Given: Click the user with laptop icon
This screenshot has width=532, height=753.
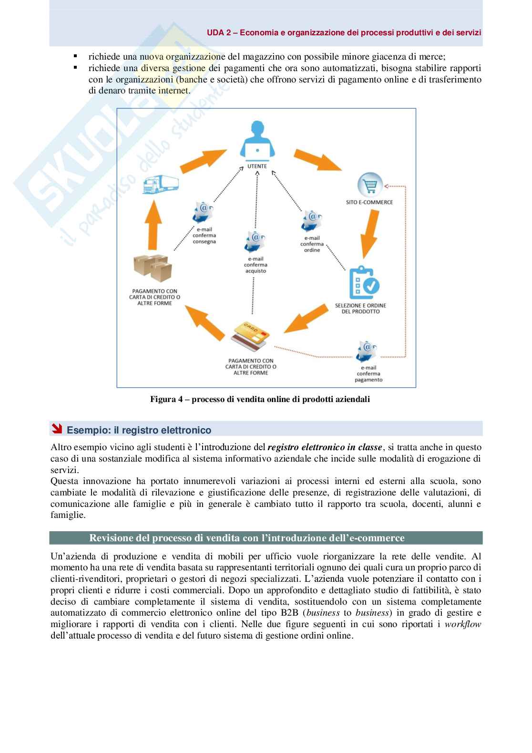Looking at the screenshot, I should click(x=257, y=144).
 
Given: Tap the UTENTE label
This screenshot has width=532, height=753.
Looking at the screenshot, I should click(x=257, y=166).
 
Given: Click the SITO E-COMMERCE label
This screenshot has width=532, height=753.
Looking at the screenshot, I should click(x=369, y=202).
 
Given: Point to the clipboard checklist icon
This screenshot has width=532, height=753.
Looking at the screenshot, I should click(x=364, y=282).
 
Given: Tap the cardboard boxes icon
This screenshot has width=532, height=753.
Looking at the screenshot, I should click(x=153, y=268).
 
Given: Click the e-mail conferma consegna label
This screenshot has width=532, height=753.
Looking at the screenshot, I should click(x=204, y=236).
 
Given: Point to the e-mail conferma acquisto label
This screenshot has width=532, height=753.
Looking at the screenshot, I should click(x=256, y=265).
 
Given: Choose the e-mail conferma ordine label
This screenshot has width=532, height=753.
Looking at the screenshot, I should click(x=312, y=244).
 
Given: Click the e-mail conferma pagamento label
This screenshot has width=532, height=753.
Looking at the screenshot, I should click(x=368, y=374).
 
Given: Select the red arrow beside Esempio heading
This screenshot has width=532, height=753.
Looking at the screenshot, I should click(x=57, y=429).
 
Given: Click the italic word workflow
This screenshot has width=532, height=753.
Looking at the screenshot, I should click(x=463, y=624).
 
